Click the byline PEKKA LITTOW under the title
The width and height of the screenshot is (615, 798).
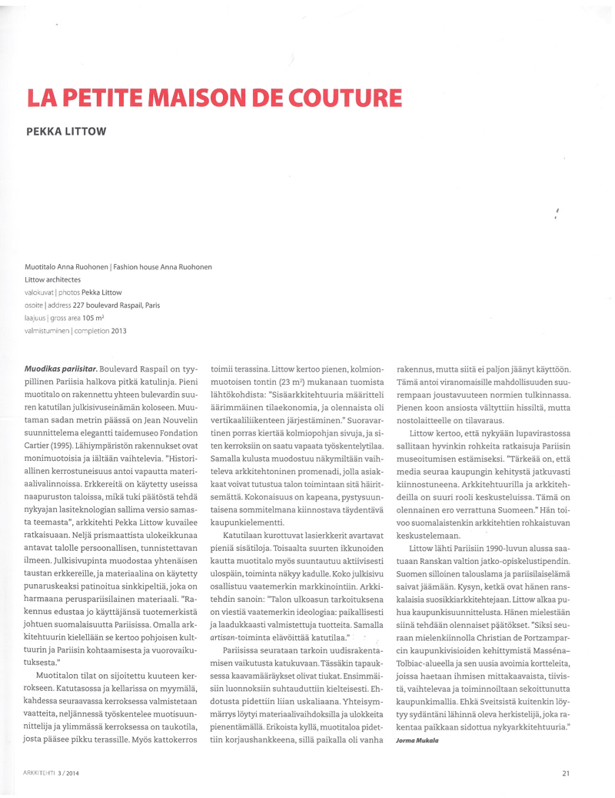coord(66,130)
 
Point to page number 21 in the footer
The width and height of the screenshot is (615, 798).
coord(565,773)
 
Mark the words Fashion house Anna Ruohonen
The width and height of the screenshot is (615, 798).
coord(162,266)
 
